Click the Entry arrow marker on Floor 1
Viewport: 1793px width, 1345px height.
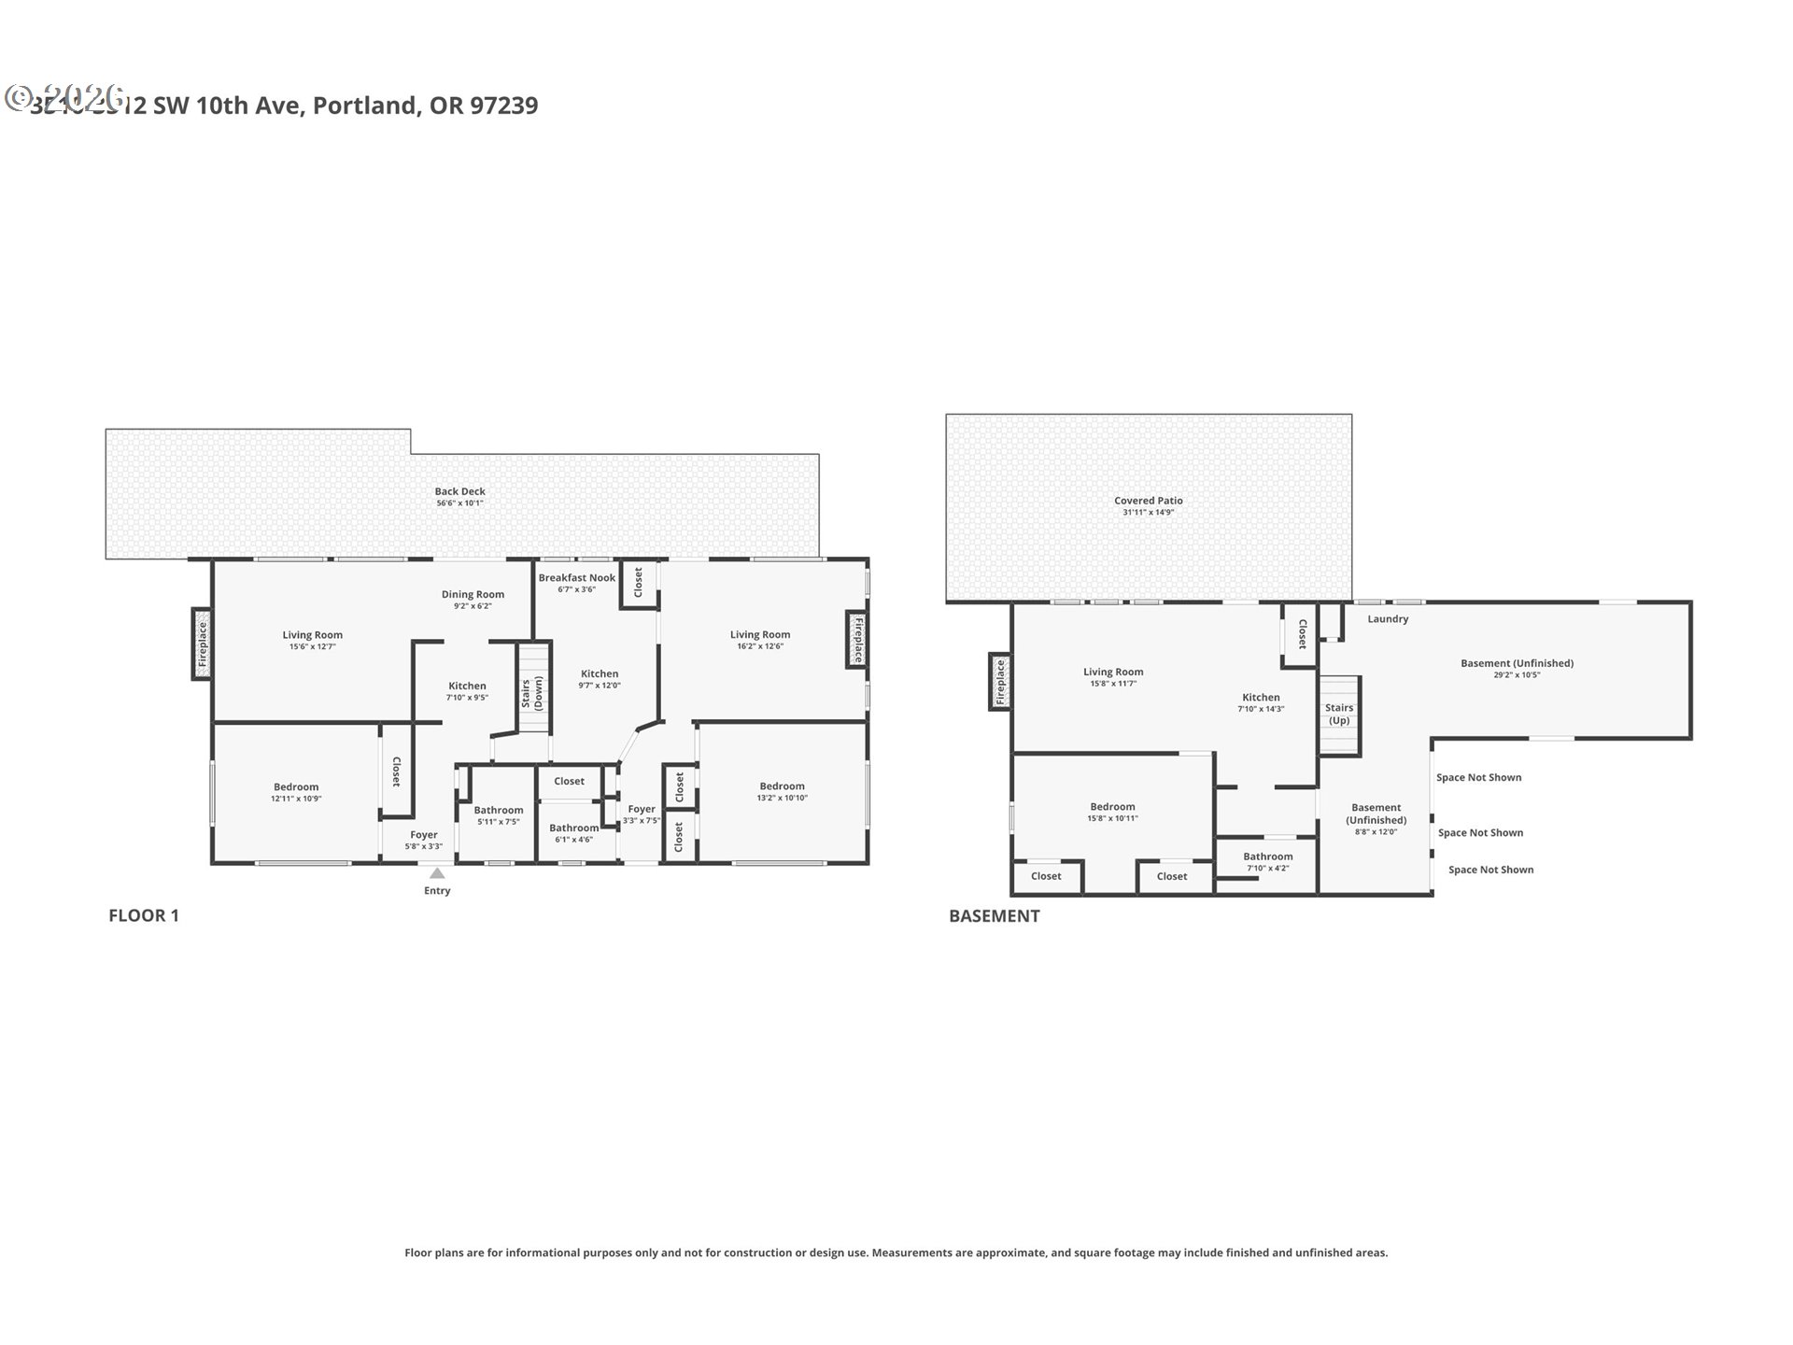click(437, 874)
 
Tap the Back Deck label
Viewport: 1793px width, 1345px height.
click(459, 491)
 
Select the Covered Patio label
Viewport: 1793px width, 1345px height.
click(1148, 501)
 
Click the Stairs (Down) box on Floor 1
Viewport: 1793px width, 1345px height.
click(534, 689)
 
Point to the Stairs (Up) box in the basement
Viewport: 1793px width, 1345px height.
click(1339, 715)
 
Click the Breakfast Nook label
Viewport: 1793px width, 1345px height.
click(576, 578)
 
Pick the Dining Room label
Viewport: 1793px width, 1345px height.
click(473, 595)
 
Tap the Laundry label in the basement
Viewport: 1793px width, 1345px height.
click(1388, 619)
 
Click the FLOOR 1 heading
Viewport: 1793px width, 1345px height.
click(144, 916)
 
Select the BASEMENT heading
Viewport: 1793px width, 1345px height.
click(994, 916)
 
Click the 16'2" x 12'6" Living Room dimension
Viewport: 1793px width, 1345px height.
click(759, 646)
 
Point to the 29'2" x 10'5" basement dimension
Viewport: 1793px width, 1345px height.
click(1517, 674)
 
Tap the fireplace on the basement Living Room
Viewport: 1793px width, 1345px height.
click(1000, 681)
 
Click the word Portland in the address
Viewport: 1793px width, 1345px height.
click(364, 106)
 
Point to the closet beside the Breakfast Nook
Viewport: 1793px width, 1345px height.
click(639, 583)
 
